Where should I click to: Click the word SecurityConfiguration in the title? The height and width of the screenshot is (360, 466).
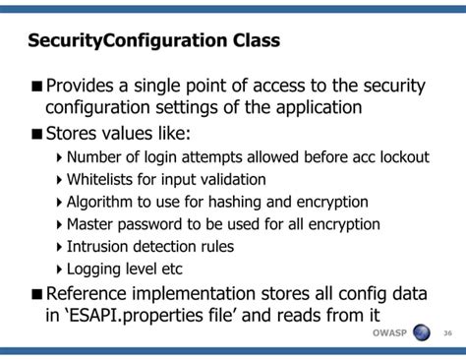127,41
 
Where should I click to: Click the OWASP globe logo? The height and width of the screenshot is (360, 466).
422,332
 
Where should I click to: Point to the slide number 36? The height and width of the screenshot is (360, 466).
447,333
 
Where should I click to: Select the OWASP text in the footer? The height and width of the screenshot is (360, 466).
390,333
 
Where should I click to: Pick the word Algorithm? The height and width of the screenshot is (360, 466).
104,203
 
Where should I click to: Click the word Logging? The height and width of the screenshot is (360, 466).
96,269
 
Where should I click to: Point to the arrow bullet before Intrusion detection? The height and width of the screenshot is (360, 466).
58,247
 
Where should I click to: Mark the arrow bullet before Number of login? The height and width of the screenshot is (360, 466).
58,157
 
